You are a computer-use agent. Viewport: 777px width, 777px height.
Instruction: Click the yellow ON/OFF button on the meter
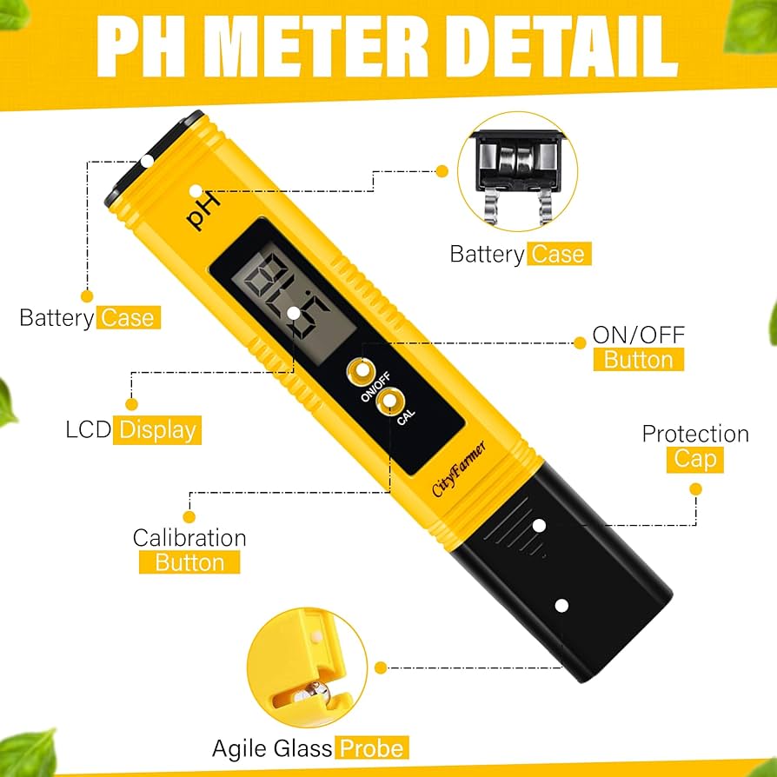coord(358,372)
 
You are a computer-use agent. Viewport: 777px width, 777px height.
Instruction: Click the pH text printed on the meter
coord(205,209)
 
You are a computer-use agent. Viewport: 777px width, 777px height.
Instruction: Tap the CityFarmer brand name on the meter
coord(459,469)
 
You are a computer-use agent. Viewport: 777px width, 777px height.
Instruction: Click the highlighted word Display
coord(159,429)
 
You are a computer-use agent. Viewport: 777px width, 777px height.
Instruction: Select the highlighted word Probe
coord(372,748)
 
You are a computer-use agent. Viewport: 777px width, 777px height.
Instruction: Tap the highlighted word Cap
coord(694,459)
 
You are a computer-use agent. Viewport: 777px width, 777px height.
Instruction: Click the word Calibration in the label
coord(189,538)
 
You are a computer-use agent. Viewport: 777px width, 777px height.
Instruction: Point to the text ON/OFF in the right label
coord(639,334)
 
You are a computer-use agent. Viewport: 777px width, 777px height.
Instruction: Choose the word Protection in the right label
coord(695,434)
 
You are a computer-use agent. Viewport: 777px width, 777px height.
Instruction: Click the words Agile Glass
coord(272,748)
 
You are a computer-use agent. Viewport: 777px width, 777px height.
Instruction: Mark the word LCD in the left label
coord(89,429)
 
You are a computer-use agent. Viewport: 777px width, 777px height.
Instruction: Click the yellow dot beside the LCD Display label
coord(132,404)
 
